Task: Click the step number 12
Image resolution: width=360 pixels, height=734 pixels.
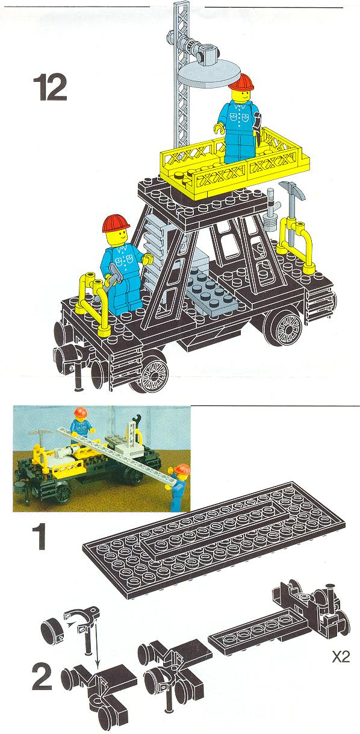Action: [x=50, y=88]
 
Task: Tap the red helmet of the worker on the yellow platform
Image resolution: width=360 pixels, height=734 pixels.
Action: [x=242, y=82]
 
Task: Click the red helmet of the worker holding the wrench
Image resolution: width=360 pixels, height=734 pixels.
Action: [x=116, y=223]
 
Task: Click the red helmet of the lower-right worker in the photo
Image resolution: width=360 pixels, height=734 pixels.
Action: [x=181, y=469]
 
